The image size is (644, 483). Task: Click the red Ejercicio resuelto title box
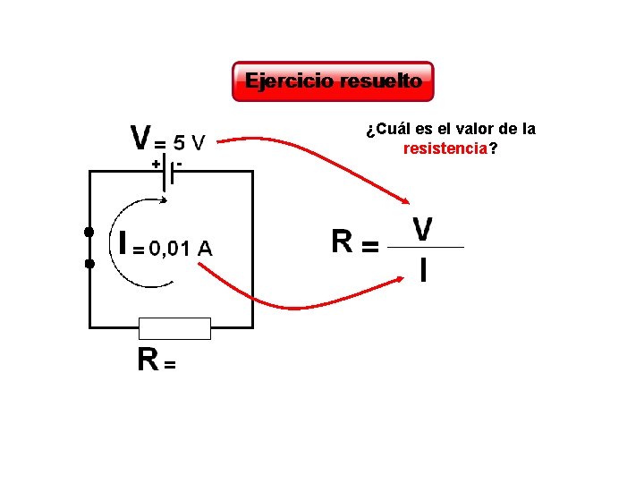pyautogui.click(x=333, y=81)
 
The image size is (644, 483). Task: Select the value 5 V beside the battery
pyautogui.click(x=189, y=142)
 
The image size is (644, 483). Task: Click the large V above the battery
pyautogui.click(x=140, y=138)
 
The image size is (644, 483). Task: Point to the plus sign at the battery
pyautogui.click(x=156, y=165)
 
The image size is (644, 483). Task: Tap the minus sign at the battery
pyautogui.click(x=180, y=164)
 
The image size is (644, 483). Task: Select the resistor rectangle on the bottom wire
pyautogui.click(x=175, y=328)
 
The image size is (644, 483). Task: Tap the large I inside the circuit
pyautogui.click(x=123, y=243)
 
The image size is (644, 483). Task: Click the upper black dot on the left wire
pyautogui.click(x=89, y=233)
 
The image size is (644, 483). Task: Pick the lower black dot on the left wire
pyautogui.click(x=89, y=264)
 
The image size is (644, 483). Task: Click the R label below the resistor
pyautogui.click(x=148, y=359)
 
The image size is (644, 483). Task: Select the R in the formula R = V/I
pyautogui.click(x=342, y=241)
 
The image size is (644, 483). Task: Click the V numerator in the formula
pyautogui.click(x=423, y=228)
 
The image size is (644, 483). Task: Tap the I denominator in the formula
pyautogui.click(x=423, y=269)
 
